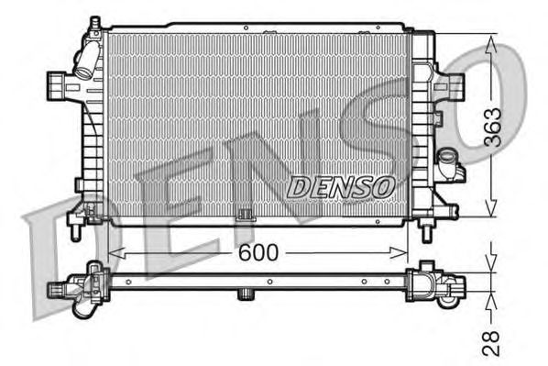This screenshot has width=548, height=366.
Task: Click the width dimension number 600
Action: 258,252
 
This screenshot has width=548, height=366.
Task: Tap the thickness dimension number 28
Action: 492,344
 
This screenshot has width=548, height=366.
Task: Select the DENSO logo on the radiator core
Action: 341,185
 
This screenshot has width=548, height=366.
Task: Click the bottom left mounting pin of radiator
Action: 76,230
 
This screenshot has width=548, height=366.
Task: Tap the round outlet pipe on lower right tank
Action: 449,167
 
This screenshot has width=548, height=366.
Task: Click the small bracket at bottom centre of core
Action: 244,216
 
